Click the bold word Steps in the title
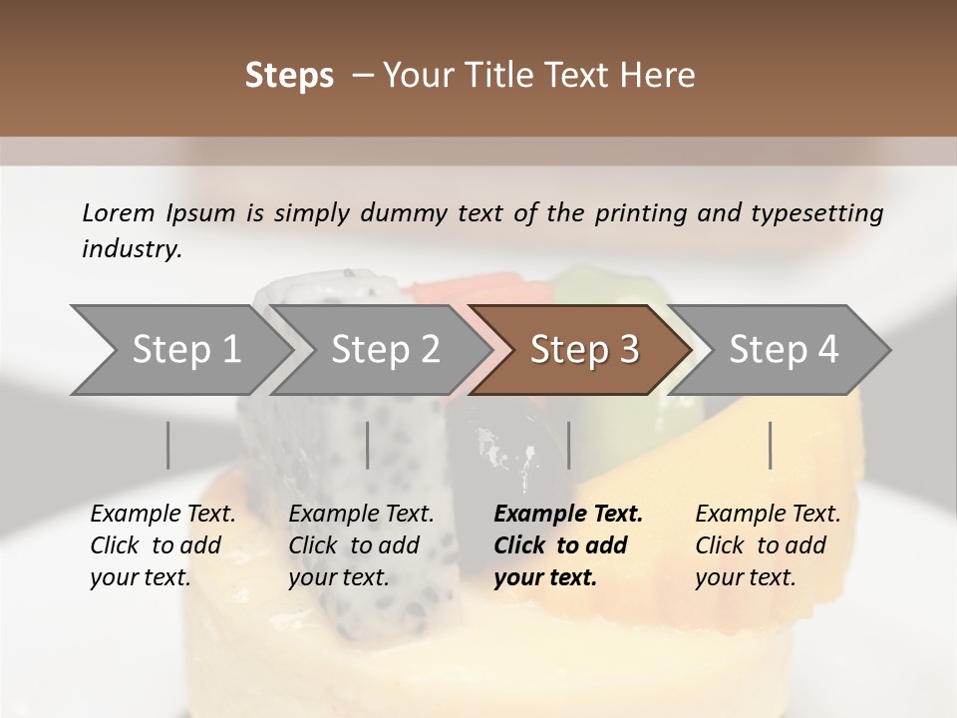pyautogui.click(x=289, y=75)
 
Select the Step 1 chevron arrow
pyautogui.click(x=179, y=350)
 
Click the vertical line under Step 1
pyautogui.click(x=168, y=445)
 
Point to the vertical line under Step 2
pyautogui.click(x=368, y=445)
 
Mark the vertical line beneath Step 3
pyautogui.click(x=569, y=445)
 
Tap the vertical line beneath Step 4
pyautogui.click(x=771, y=445)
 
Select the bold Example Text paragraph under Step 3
pyautogui.click(x=568, y=545)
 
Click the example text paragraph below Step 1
pyautogui.click(x=162, y=545)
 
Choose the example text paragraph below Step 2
pyautogui.click(x=361, y=545)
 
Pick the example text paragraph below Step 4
pyautogui.click(x=768, y=545)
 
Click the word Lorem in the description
pyautogui.click(x=119, y=212)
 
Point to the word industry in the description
pyautogui.click(x=132, y=249)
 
